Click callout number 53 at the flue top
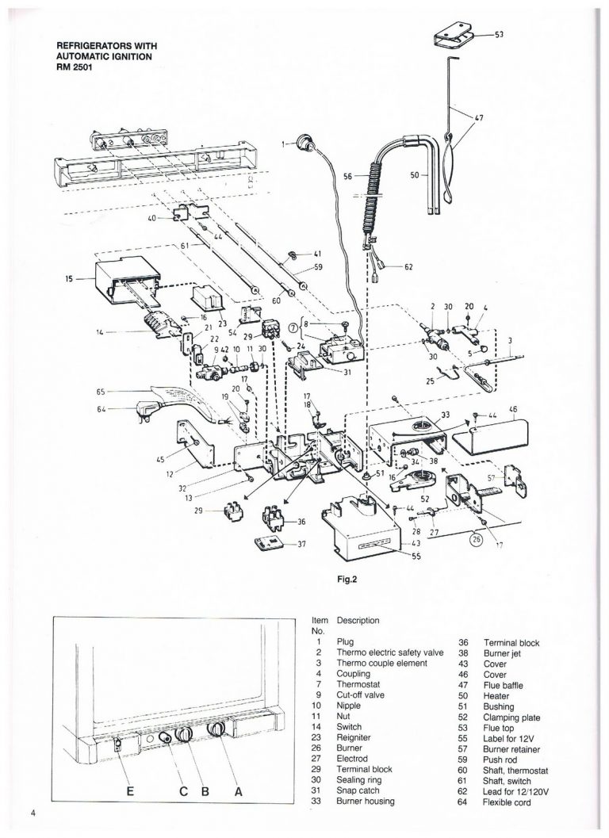coord(500,35)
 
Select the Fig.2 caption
coord(349,579)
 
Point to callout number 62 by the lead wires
coord(409,267)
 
